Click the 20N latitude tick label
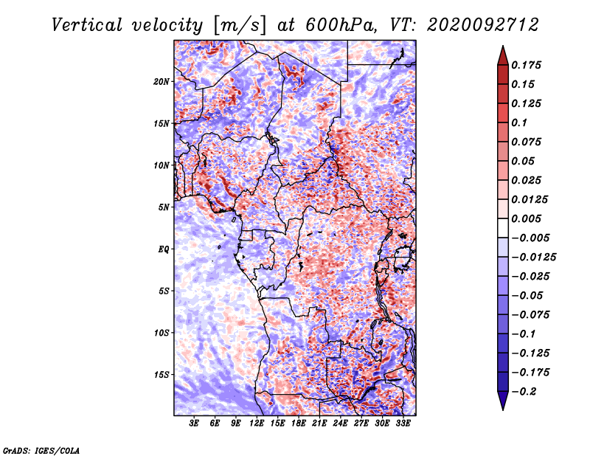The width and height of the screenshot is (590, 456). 162,82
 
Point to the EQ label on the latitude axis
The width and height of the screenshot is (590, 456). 163,249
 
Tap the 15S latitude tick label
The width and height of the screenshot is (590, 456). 162,375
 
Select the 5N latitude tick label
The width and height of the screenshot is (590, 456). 164,207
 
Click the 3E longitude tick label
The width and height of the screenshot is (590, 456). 194,423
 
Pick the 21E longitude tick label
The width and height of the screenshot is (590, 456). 319,423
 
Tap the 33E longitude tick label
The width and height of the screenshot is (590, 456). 403,423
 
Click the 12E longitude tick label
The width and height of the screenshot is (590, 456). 257,423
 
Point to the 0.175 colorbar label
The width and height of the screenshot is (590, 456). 526,65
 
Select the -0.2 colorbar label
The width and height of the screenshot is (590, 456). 524,392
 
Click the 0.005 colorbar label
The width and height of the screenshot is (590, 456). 526,218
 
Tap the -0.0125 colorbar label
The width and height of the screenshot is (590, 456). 533,258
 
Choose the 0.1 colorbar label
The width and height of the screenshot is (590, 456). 519,122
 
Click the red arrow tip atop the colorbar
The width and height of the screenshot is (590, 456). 503,46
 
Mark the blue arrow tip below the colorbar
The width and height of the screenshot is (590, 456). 503,410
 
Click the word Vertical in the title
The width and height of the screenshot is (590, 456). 87,25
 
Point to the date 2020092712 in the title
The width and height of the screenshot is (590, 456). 483,25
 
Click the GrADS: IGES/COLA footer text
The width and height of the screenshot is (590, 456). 41,450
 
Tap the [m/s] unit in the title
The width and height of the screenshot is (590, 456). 240,26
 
